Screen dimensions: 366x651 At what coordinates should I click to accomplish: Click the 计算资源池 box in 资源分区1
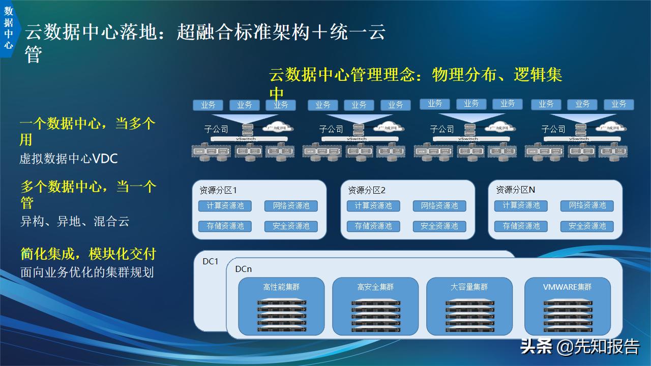[225, 206]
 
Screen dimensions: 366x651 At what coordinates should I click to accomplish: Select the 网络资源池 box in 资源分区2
[439, 206]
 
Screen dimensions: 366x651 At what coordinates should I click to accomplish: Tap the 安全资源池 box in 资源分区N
[587, 226]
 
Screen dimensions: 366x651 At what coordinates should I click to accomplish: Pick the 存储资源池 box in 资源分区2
[373, 226]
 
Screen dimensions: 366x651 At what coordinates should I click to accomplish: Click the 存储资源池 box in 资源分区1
[225, 226]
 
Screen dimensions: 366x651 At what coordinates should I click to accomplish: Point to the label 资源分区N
[515, 190]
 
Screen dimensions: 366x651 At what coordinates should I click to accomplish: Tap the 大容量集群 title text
[469, 287]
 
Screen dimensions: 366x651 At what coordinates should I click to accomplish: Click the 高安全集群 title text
[375, 287]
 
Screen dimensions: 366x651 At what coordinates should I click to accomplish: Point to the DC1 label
[210, 261]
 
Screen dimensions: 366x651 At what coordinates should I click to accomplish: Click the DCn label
[243, 269]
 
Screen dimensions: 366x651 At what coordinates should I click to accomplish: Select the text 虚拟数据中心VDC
[69, 159]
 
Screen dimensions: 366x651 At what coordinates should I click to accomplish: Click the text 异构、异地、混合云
[75, 222]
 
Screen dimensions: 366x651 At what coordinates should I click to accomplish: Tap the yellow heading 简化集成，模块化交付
[88, 254]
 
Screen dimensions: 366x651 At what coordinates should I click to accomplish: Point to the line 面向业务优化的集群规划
[87, 272]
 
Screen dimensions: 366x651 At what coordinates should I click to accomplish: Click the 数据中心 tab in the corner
[8, 28]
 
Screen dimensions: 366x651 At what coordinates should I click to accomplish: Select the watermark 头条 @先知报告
[579, 347]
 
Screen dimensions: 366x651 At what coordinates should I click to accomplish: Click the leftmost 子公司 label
[216, 129]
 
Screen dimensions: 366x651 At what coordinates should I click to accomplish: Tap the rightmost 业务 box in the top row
[619, 104]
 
